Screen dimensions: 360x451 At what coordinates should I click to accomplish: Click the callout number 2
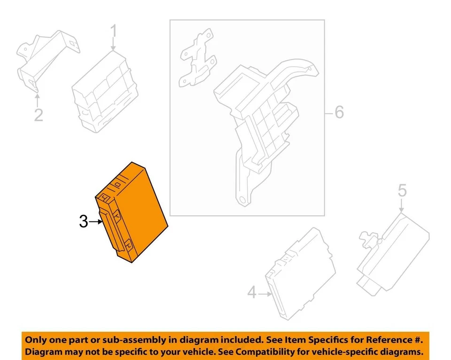(39, 114)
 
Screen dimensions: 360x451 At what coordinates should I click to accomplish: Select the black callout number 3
(84, 222)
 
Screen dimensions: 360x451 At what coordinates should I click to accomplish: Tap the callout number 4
(252, 294)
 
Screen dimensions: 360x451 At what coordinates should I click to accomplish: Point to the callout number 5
(402, 191)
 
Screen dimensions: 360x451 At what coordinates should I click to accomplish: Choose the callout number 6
(339, 113)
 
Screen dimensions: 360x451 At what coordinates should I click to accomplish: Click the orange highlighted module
(134, 211)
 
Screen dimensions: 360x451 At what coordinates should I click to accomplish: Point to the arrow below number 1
(113, 46)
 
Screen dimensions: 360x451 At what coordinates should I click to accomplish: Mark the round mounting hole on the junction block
(242, 201)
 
